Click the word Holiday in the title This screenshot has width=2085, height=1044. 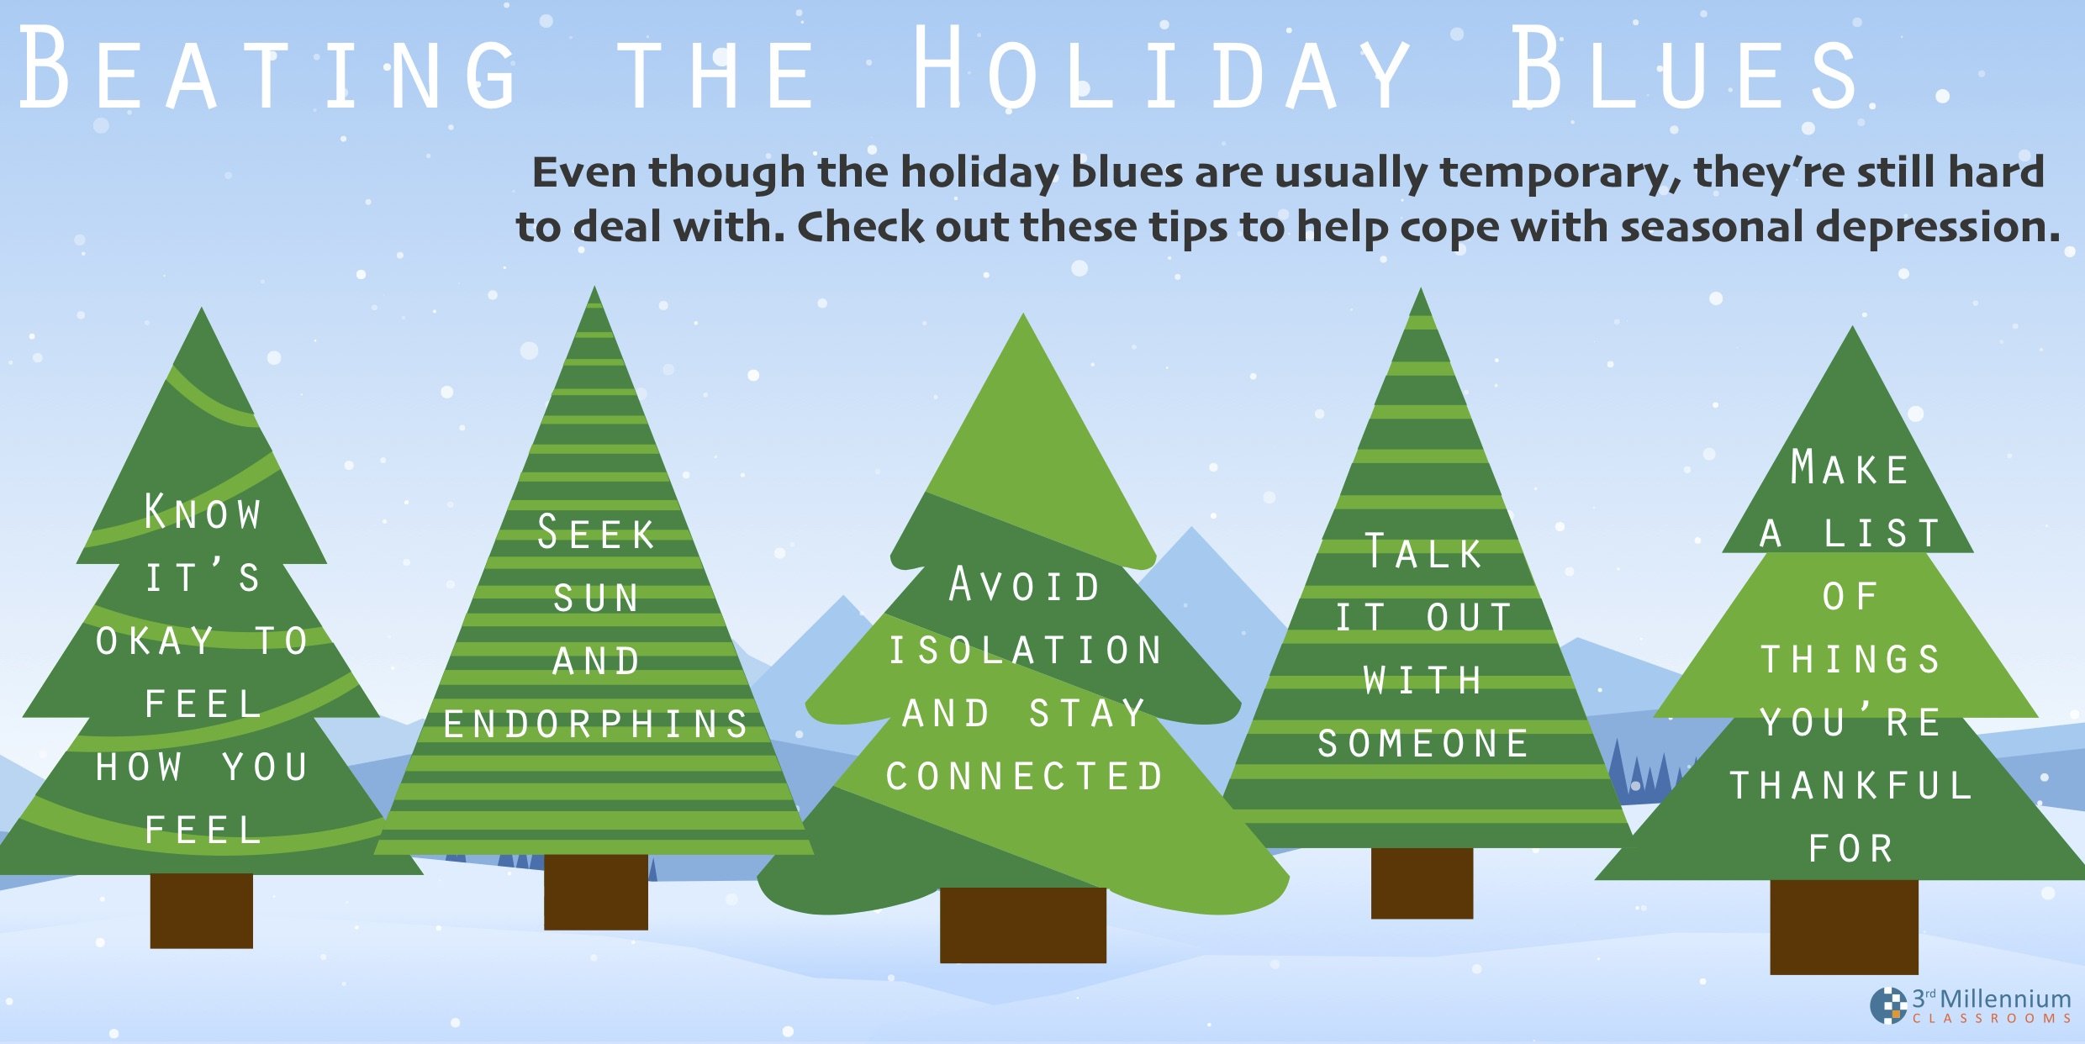click(1160, 69)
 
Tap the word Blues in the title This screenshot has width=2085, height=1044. click(1686, 69)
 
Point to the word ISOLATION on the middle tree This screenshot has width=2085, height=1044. click(1025, 651)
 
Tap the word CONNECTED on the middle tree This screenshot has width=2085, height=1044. click(1025, 777)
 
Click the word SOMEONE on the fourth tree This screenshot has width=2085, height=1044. click(1423, 744)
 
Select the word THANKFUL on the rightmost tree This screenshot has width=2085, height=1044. click(1850, 786)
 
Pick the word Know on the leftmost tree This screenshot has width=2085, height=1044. click(203, 513)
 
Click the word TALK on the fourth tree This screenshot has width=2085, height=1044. click(1423, 552)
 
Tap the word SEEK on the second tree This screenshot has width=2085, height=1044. click(595, 534)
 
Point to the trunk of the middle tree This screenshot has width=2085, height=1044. click(1022, 925)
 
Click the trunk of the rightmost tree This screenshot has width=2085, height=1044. click(1844, 927)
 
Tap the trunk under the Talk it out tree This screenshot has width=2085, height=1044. click(1422, 883)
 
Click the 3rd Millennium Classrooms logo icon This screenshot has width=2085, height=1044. click(1888, 1006)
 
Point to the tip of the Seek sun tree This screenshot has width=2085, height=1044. click(594, 294)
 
